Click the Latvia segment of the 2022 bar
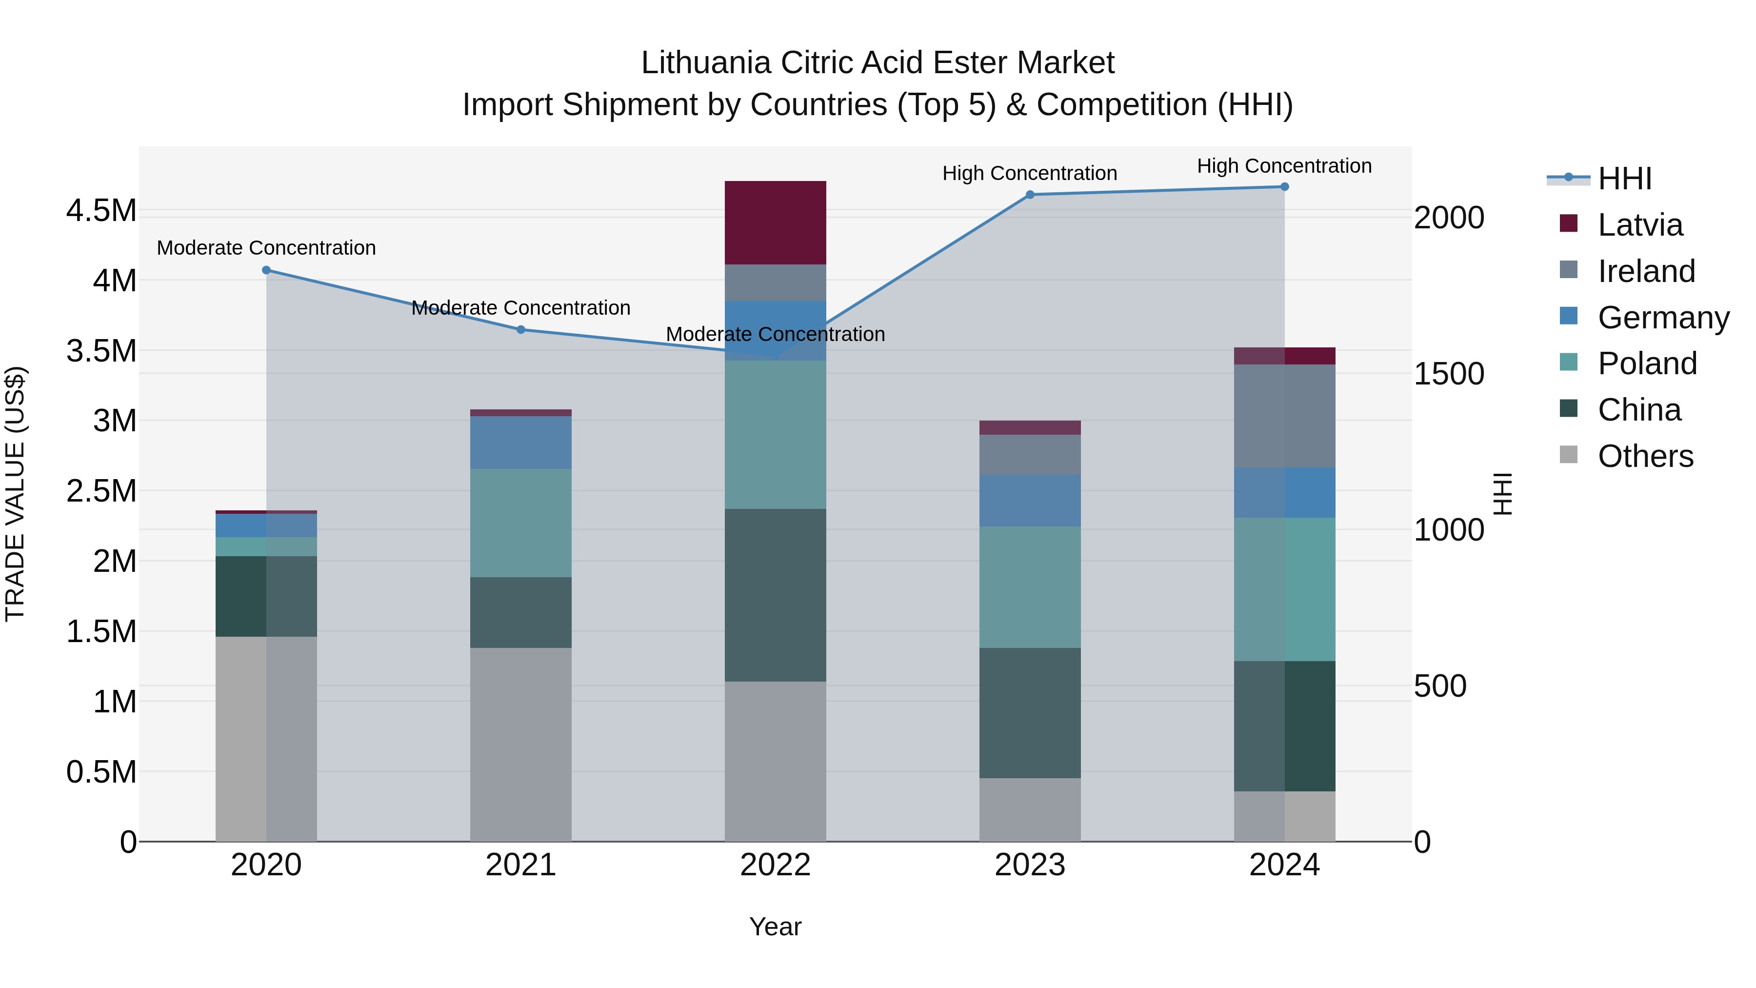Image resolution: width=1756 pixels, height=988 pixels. (775, 222)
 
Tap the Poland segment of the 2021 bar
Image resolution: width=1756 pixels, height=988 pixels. (521, 523)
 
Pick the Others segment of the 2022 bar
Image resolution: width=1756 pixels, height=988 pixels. (775, 761)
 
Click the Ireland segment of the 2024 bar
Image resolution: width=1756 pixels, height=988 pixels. (1284, 416)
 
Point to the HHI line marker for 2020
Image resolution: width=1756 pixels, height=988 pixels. (266, 270)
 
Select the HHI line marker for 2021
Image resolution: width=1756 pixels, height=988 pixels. (521, 329)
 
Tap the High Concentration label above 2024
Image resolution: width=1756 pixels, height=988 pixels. (1284, 166)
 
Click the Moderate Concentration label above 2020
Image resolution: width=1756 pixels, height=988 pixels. (266, 247)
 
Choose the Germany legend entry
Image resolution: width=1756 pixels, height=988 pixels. (1663, 318)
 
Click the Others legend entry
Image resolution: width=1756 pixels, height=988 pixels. (1645, 456)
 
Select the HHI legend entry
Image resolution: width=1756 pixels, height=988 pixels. (1624, 179)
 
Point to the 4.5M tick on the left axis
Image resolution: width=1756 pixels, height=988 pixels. (101, 211)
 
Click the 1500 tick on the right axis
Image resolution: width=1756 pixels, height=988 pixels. (1449, 374)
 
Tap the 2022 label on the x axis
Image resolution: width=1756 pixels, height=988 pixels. (775, 865)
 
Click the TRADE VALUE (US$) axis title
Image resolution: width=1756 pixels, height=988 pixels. (16, 494)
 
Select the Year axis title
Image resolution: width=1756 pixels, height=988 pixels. (775, 927)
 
